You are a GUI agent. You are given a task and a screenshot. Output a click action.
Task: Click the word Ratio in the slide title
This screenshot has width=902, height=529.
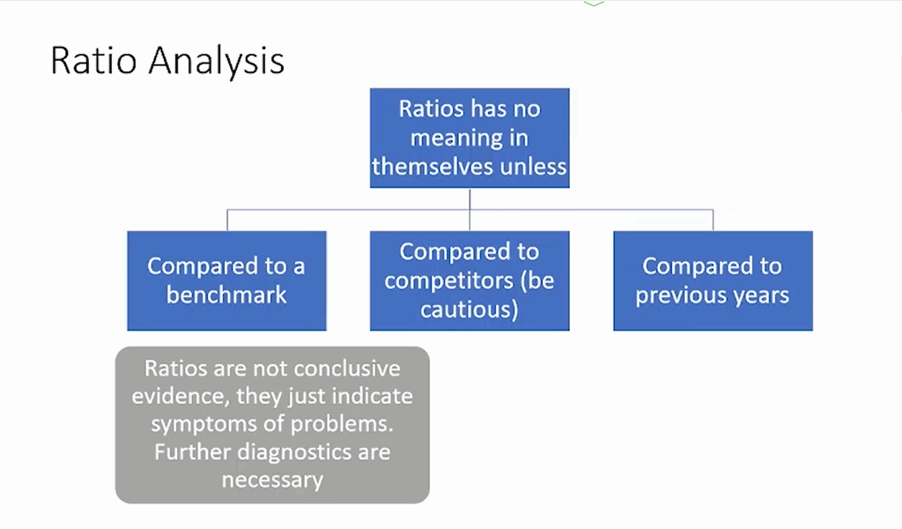[93, 60]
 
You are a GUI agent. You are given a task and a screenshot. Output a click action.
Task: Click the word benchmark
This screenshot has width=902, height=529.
[226, 294]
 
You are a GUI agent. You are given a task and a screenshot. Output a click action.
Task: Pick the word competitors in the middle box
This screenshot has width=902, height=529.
[448, 281]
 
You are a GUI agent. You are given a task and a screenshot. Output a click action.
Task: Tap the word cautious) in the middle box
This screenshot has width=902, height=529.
[469, 309]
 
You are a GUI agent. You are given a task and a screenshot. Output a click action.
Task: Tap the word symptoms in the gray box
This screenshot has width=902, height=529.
[203, 425]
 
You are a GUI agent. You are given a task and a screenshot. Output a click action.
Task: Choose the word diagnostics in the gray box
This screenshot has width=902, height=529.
[294, 452]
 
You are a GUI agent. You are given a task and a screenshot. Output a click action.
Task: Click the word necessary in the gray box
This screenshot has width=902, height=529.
[273, 481]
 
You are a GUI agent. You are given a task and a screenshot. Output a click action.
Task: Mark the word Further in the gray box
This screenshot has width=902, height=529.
[193, 452]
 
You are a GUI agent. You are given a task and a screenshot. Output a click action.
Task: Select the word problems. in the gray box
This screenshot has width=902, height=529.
[342, 425]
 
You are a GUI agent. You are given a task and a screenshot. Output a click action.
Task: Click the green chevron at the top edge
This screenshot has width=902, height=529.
[594, 4]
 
